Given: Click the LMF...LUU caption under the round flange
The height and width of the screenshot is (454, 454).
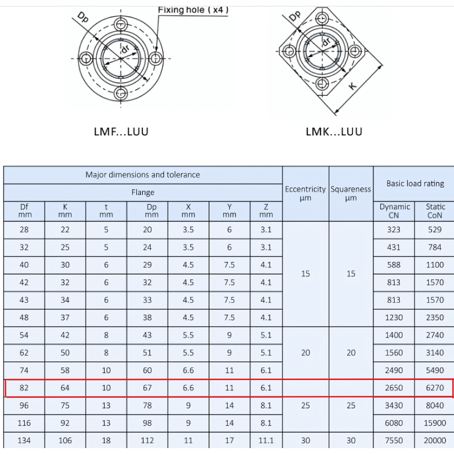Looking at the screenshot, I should click(x=121, y=132).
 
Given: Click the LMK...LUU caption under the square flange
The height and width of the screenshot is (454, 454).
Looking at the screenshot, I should click(x=334, y=132).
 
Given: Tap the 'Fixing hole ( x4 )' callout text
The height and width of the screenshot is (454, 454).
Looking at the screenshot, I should click(x=193, y=10).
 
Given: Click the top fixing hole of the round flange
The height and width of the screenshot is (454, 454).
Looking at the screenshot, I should click(x=120, y=24).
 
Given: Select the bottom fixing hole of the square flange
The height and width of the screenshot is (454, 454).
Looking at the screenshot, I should click(x=322, y=84).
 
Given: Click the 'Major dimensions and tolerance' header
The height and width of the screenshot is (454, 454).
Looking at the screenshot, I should click(x=143, y=175).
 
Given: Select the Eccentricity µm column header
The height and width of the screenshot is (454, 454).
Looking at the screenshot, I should click(x=306, y=193).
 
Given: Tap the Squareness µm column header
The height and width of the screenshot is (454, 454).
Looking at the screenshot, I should click(x=351, y=193).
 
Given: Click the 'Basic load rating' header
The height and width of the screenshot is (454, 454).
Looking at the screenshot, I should click(x=415, y=183).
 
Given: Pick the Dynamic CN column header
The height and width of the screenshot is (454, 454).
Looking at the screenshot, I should click(x=394, y=211).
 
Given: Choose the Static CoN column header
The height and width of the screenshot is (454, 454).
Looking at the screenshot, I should click(x=435, y=211).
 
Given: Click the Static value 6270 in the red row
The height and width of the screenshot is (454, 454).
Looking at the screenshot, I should click(x=435, y=388).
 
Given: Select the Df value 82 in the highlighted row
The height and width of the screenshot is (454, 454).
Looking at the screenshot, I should click(x=24, y=388).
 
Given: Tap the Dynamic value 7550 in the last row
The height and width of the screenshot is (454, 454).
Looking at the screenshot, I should click(x=394, y=440).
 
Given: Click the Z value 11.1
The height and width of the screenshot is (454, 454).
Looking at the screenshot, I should click(x=266, y=440).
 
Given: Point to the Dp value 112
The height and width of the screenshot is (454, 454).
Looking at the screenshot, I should click(x=147, y=440).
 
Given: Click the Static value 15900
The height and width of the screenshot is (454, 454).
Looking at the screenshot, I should click(x=435, y=423).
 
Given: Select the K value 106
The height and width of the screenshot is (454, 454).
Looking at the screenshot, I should click(x=65, y=440).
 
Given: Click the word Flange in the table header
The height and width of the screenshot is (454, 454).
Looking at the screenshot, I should click(x=143, y=192).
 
